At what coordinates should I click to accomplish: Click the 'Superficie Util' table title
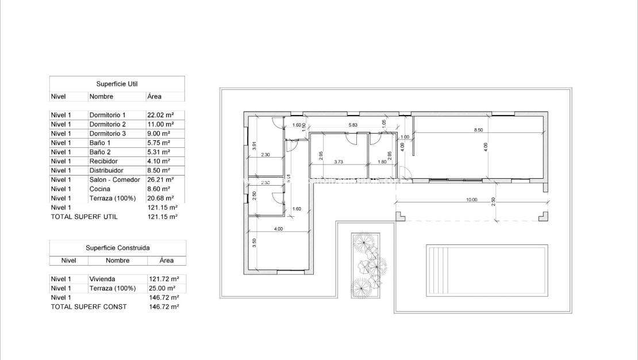point(117,84)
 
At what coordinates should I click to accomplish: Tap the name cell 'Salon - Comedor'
point(114,179)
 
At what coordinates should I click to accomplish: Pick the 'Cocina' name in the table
point(100,189)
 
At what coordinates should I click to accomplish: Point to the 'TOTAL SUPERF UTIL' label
point(84,217)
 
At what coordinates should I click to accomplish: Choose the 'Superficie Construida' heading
point(117,248)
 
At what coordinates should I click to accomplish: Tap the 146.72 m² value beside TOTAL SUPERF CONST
point(163,307)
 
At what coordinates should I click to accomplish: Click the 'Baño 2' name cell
point(101,152)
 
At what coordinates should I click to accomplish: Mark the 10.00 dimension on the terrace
point(471,200)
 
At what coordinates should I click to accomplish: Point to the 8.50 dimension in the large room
point(478,130)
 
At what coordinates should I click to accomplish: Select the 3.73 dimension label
point(339,162)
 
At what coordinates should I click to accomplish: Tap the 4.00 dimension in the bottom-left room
point(278,229)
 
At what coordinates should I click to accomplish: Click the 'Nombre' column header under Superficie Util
point(101,97)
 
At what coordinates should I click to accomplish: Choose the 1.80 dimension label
point(383,162)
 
